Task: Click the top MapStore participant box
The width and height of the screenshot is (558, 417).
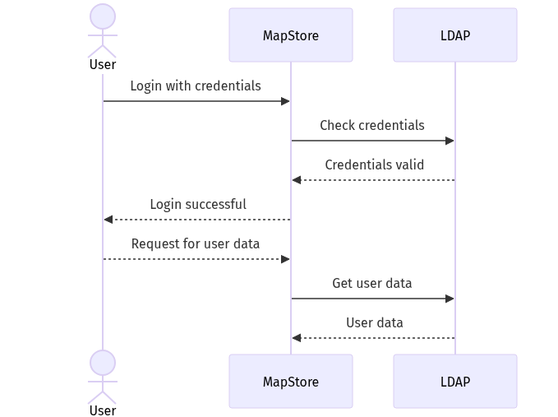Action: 291,35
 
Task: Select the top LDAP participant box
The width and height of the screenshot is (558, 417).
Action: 455,35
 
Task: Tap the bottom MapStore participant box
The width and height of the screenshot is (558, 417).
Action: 291,382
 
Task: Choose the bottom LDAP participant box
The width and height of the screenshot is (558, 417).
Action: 455,382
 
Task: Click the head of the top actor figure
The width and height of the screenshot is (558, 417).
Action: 103,16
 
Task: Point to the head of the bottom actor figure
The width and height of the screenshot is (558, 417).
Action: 103,363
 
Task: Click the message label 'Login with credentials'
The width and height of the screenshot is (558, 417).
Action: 196,86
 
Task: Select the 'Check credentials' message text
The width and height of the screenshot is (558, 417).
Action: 372,125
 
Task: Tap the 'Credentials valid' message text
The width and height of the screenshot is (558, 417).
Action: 375,164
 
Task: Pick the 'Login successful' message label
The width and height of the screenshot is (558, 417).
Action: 198,204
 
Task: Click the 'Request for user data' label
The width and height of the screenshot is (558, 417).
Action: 196,243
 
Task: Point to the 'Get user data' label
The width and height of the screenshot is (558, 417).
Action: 372,283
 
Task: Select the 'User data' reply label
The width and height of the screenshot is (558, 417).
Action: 375,322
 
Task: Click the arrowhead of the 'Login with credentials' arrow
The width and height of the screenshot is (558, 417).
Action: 286,101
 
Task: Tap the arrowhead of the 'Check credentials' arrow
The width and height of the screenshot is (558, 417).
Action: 450,141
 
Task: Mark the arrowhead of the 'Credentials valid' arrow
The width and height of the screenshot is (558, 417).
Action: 296,180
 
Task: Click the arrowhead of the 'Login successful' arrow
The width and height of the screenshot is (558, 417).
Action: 108,220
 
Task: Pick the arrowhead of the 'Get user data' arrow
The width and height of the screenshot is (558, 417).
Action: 450,299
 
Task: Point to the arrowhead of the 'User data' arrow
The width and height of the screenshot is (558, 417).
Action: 296,338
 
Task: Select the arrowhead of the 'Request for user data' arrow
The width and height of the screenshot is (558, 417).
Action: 286,259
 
